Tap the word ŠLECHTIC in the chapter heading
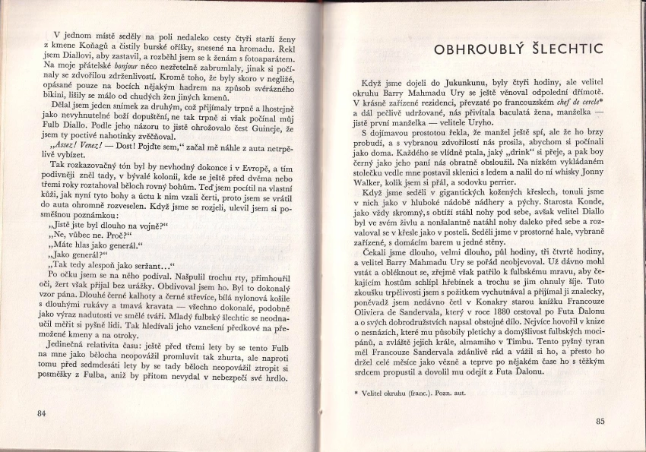(569, 50)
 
